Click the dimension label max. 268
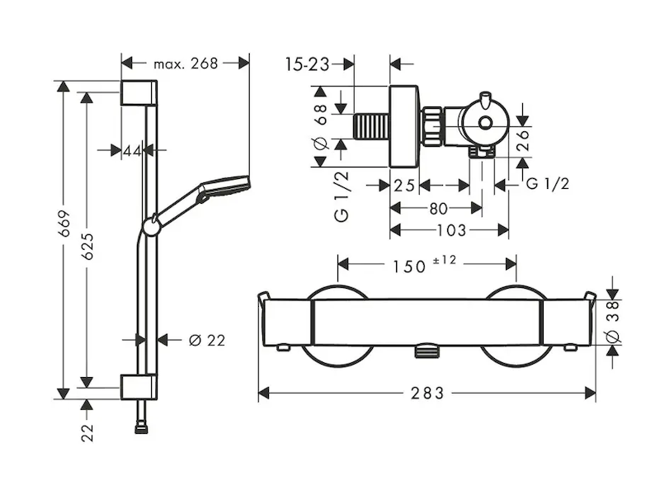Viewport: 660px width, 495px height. (x=186, y=63)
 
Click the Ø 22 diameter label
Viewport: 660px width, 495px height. (x=206, y=340)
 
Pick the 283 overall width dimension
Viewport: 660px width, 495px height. (x=427, y=394)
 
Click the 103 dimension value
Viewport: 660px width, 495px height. (x=450, y=229)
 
